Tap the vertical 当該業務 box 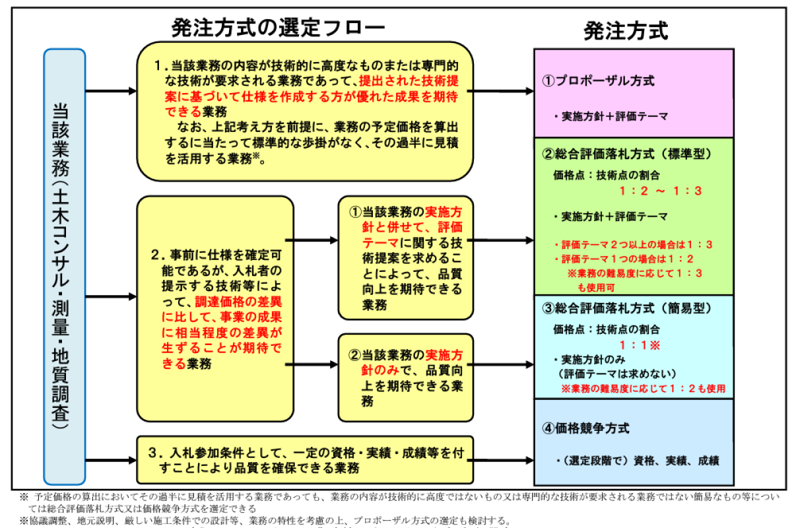(x=64, y=267)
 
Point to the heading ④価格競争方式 (x=586, y=428)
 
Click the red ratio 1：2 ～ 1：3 (x=660, y=191)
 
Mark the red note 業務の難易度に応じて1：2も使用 (x=643, y=389)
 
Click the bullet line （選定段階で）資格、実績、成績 (x=637, y=461)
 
